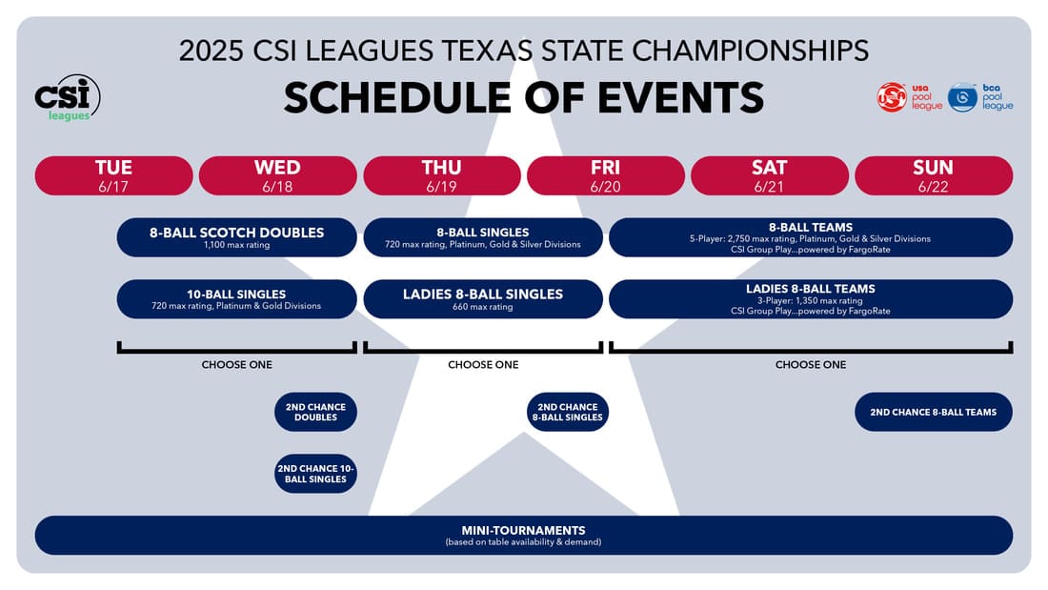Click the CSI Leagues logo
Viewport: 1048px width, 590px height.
[68, 97]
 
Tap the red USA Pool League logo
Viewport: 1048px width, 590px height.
[909, 97]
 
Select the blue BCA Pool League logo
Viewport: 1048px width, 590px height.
[979, 97]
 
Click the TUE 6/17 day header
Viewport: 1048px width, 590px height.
[113, 176]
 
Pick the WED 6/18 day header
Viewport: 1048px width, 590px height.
[277, 176]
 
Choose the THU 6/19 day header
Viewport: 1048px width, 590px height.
[442, 176]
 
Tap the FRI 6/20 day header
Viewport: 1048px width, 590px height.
[606, 176]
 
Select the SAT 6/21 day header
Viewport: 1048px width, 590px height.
[769, 176]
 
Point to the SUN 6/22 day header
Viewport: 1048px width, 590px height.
[934, 176]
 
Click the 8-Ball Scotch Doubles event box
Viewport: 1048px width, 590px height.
[236, 237]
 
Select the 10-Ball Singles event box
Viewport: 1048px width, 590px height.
[236, 299]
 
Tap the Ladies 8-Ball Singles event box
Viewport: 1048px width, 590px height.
[483, 299]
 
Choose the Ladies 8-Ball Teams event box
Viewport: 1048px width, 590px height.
[811, 299]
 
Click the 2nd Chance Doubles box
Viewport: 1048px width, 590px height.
[315, 412]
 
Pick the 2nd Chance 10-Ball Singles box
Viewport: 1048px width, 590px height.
[315, 474]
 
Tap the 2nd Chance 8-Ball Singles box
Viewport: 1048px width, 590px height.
[568, 412]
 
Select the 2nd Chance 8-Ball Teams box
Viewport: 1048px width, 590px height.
[934, 412]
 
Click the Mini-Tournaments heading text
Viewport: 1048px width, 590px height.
[523, 531]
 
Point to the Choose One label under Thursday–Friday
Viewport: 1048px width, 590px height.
[483, 364]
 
